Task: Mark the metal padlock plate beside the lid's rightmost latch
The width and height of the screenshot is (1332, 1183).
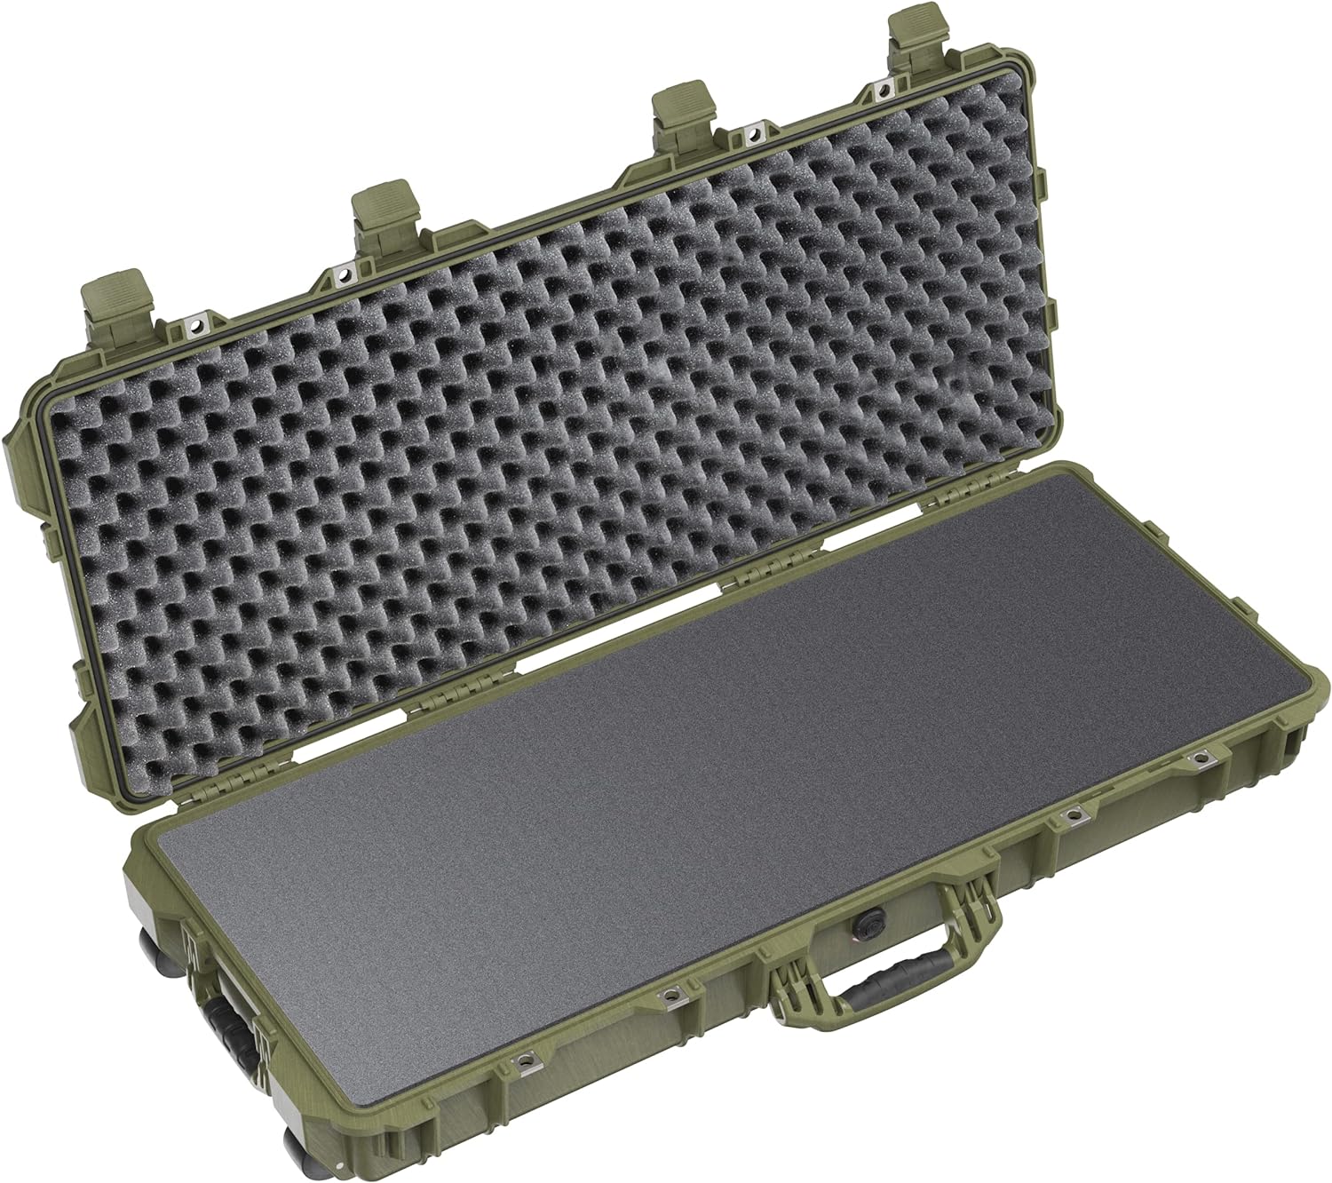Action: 884,91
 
